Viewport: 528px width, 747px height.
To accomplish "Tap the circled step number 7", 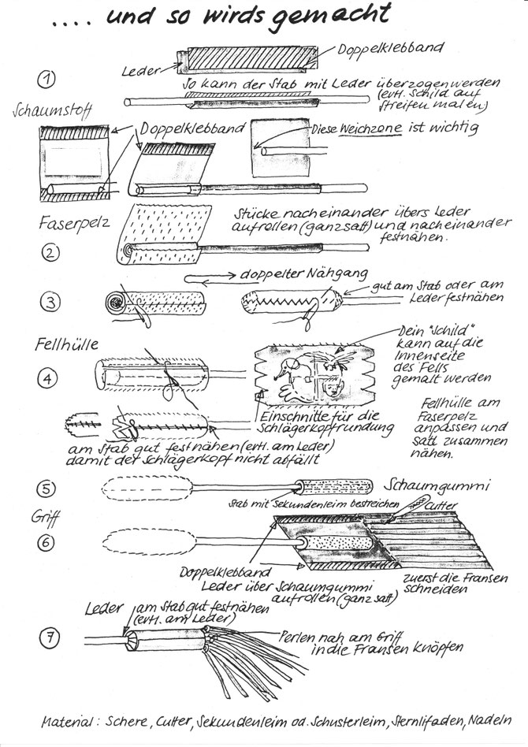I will click(49, 637).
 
